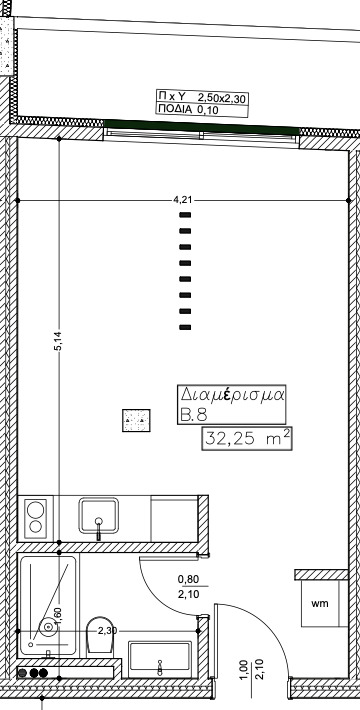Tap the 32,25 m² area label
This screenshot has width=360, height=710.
point(247,438)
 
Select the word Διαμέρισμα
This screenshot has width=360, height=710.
point(232,394)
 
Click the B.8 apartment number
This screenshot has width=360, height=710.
point(193,415)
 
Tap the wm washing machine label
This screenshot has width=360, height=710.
point(320,603)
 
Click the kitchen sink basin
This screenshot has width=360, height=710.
point(98,516)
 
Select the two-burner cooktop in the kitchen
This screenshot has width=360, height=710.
point(35,518)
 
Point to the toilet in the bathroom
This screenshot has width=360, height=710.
point(100,634)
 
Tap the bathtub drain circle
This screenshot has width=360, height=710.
point(47,627)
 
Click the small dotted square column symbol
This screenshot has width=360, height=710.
point(136,420)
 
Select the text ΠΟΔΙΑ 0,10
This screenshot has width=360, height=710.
point(187,109)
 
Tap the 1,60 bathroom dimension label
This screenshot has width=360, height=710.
point(58,616)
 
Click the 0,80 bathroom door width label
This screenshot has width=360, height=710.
point(188,579)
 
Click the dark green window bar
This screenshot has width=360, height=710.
point(202,127)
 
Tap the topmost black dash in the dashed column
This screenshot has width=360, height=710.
point(185,215)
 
